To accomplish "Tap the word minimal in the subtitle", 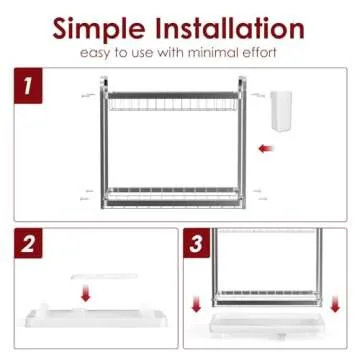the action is tap(212, 53).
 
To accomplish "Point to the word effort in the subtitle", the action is tap(258, 53).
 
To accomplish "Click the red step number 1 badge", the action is tap(28, 85).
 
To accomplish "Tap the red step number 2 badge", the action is tap(28, 243).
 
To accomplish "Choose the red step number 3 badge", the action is tap(197, 243).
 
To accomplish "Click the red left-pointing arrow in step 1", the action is tap(265, 149).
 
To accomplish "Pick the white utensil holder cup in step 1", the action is tap(281, 110).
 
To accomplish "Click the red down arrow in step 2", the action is tap(86, 292).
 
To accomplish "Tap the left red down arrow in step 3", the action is tap(196, 304).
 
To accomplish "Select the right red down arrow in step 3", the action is tap(335, 304).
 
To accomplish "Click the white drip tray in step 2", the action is tap(96, 317).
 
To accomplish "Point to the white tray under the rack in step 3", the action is tap(266, 324).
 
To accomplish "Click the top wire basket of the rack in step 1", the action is tap(173, 102).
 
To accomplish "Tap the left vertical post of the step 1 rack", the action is tap(104, 143).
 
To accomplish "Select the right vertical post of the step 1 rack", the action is tap(242, 143).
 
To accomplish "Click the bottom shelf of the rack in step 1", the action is tap(173, 197).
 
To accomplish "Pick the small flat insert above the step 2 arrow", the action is tap(104, 276).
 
